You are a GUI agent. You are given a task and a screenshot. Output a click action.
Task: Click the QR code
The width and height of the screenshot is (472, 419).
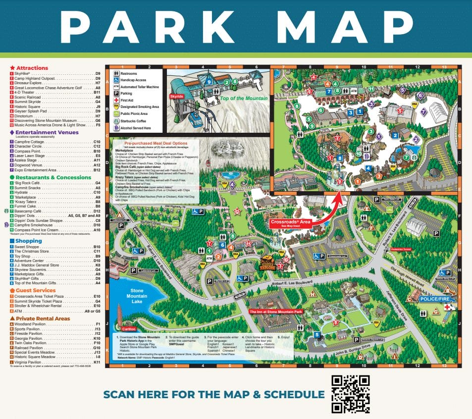click(x=351, y=394)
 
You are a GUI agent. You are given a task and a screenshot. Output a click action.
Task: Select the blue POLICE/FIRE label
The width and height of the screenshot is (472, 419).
click(x=437, y=299)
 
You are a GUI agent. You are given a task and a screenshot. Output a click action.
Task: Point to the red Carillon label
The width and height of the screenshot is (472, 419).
click(x=126, y=329)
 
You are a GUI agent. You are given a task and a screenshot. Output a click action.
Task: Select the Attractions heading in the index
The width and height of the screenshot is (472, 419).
click(x=32, y=68)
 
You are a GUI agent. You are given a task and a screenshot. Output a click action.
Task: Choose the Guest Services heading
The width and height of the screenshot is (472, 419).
click(x=35, y=291)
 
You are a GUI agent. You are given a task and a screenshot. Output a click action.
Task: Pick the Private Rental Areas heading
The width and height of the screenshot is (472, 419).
click(x=42, y=318)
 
